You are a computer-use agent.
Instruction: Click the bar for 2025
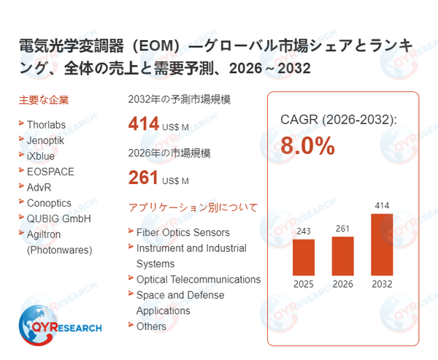coord(303,256)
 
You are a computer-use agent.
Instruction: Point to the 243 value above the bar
coord(303,231)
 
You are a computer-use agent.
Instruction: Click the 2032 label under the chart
coord(381,284)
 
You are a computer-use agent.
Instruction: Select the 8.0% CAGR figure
coord(307,146)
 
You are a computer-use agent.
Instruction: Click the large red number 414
coord(144,124)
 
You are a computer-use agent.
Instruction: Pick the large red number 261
coord(144,177)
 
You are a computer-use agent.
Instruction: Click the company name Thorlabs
coord(50,124)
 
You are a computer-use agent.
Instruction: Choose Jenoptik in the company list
coord(48,140)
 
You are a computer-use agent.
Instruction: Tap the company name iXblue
coord(41,156)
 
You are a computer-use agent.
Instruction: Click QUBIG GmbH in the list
coord(58,218)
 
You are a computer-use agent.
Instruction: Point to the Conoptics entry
coord(50,202)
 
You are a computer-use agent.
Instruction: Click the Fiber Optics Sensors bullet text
coord(182,232)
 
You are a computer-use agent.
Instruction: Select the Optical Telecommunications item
coord(198,279)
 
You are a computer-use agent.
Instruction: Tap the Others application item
coord(151,326)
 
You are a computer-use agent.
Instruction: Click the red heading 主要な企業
coord(44,100)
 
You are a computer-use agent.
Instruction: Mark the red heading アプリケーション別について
coord(193,207)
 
